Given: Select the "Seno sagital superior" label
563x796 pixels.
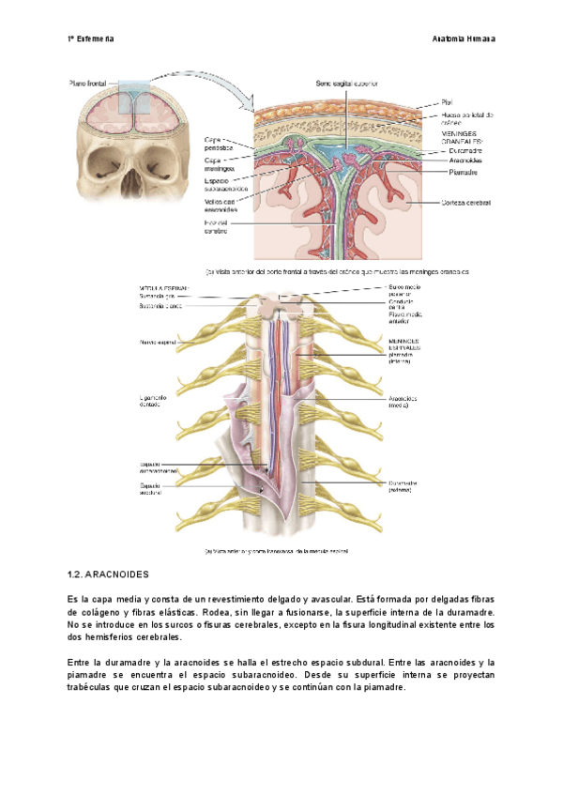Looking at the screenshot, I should pyautogui.click(x=346, y=84).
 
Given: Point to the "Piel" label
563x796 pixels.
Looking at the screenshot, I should pyautogui.click(x=447, y=102).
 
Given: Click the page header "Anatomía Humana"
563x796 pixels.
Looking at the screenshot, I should pyautogui.click(x=464, y=38).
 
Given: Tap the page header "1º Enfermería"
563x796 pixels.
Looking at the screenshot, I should pyautogui.click(x=91, y=38).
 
